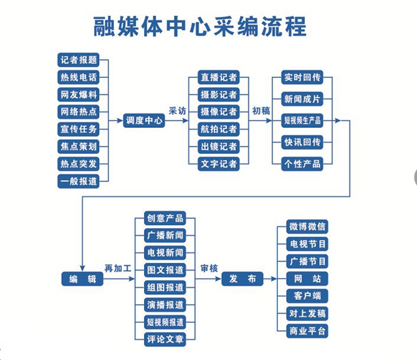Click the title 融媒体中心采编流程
[200, 26]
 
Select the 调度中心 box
[144, 121]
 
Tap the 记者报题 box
[78, 60]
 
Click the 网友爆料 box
[78, 95]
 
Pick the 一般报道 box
[78, 181]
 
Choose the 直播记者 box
[219, 77]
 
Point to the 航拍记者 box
[219, 129]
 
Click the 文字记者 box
[219, 164]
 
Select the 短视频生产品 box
[302, 121]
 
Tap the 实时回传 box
[302, 77]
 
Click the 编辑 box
[83, 278]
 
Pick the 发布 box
[242, 278]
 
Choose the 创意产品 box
[165, 218]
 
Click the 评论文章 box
[165, 339]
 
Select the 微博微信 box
[307, 226]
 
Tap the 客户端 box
[307, 296]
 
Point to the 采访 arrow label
[177, 111]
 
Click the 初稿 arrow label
[261, 111]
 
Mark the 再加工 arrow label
[118, 269]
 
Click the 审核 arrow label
[209, 269]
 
